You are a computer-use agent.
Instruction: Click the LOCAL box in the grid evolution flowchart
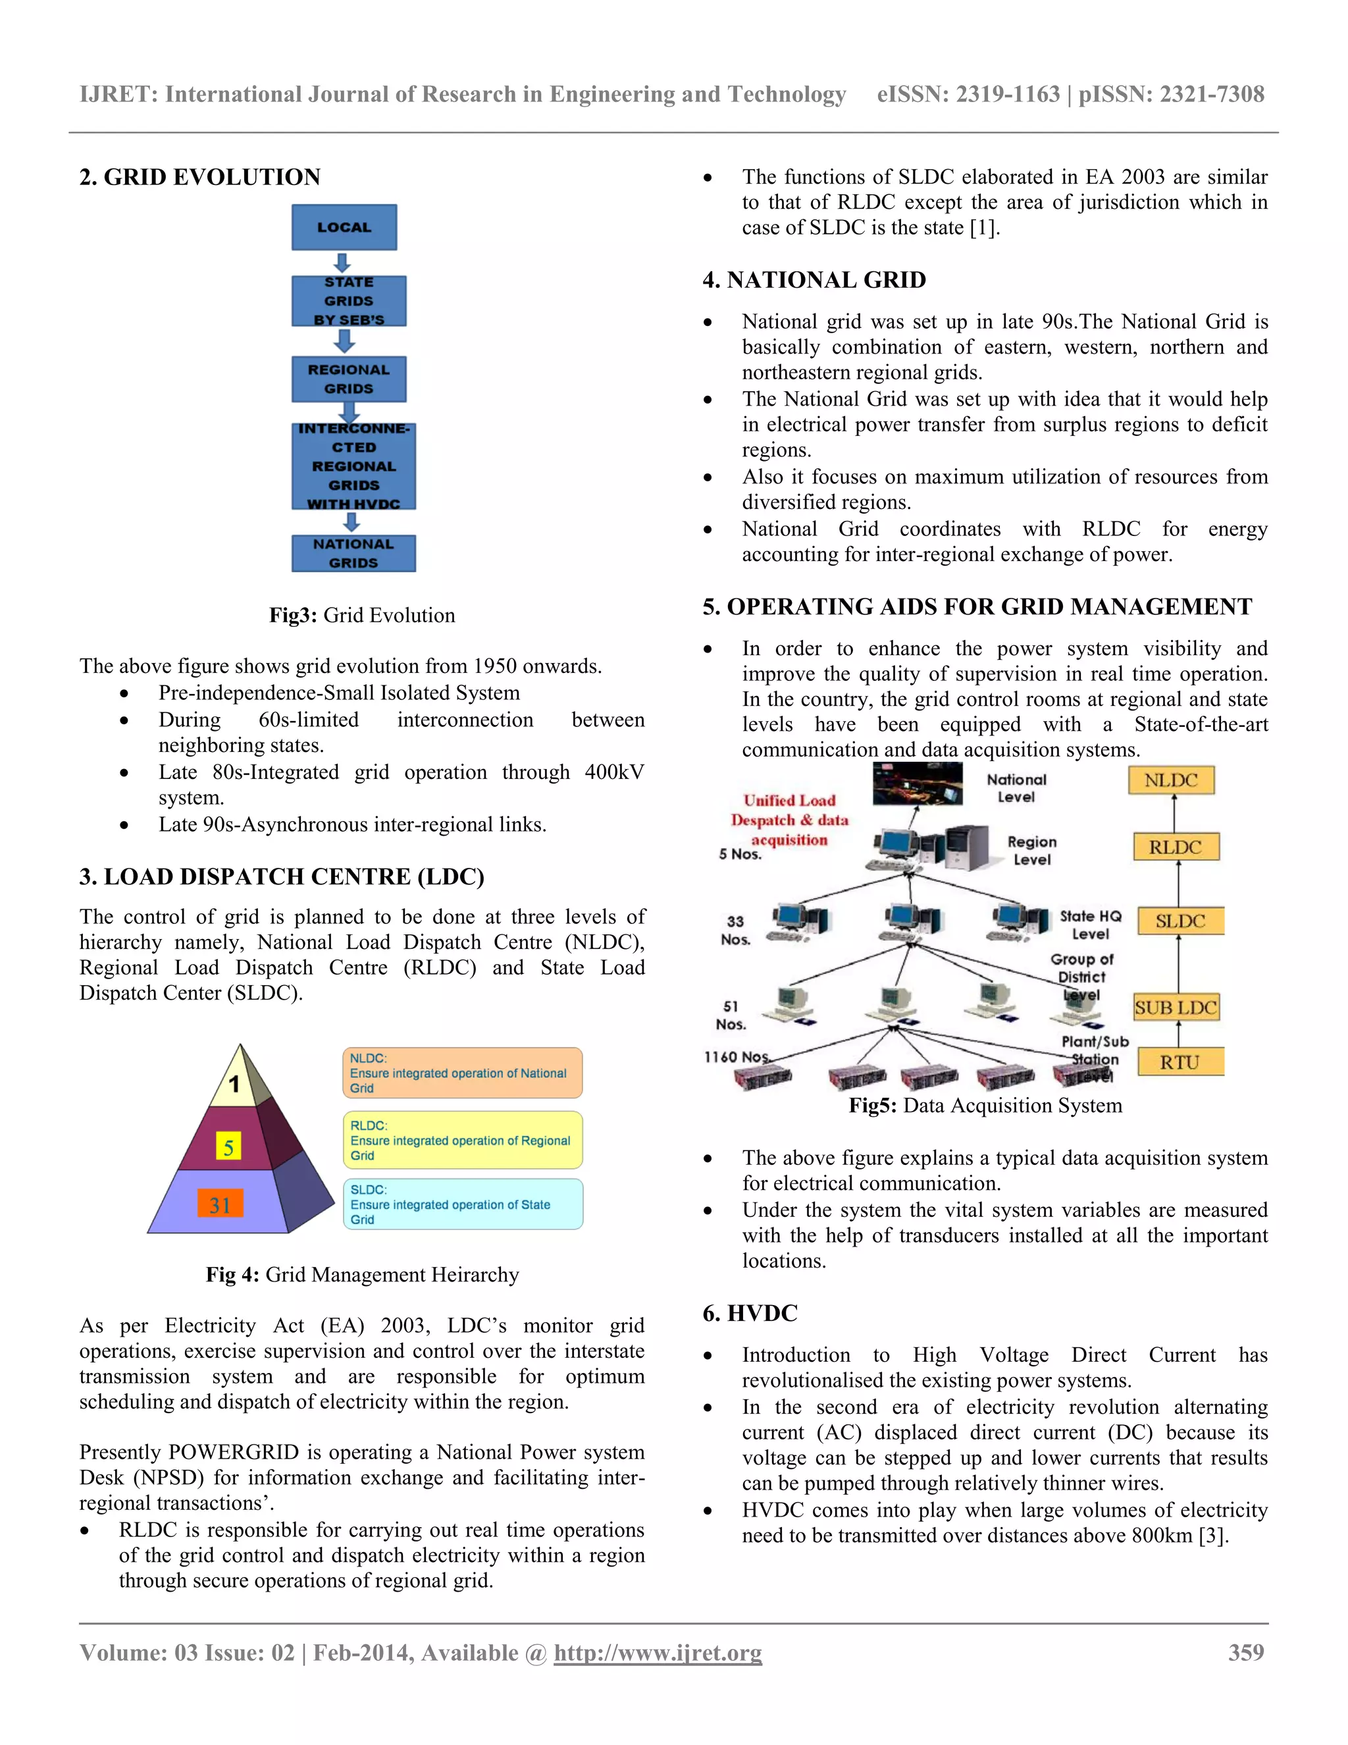click(344, 228)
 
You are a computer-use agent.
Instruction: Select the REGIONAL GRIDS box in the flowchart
click(348, 379)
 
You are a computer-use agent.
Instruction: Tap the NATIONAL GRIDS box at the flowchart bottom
click(353, 553)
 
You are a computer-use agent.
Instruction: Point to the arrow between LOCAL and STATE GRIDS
click(342, 263)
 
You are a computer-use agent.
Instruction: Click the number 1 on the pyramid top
click(234, 1085)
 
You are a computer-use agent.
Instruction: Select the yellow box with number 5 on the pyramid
click(228, 1147)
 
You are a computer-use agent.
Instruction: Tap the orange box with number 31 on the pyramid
click(220, 1204)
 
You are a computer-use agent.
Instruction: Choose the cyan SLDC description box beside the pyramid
click(462, 1204)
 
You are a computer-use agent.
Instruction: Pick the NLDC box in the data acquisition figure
click(1171, 780)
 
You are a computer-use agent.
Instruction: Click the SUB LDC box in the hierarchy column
click(1176, 1007)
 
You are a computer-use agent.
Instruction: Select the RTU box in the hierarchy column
click(1179, 1062)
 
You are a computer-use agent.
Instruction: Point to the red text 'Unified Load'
click(789, 801)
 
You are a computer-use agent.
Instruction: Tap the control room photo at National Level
click(917, 784)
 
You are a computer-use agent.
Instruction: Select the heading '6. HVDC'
click(750, 1313)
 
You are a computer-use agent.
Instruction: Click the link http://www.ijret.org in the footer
click(658, 1652)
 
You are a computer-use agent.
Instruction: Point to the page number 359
click(1246, 1652)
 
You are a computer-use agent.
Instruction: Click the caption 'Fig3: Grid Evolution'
click(362, 615)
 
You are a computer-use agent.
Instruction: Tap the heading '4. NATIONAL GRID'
click(814, 280)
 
